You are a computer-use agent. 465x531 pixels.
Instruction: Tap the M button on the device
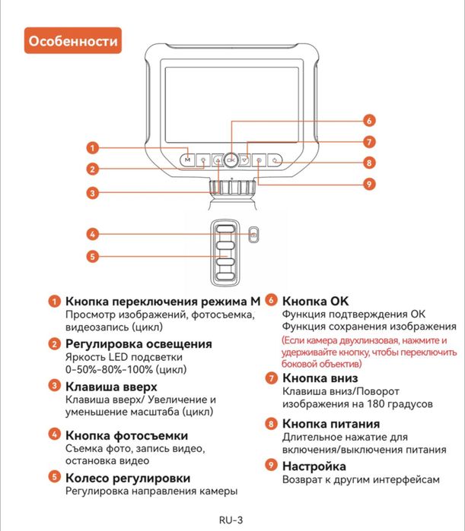tap(187, 160)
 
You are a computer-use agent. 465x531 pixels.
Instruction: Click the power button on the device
tap(275, 160)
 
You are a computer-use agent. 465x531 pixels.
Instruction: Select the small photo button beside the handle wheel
tap(253, 234)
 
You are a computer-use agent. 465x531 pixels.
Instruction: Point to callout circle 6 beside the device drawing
tap(368, 120)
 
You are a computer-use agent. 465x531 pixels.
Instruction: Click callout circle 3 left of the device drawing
tap(92, 193)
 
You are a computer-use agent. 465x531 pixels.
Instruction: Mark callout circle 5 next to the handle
tap(92, 256)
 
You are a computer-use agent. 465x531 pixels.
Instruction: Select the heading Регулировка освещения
tap(139, 343)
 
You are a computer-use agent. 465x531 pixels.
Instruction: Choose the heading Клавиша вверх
tap(112, 386)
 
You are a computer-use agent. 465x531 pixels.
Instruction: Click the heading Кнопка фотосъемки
tap(126, 435)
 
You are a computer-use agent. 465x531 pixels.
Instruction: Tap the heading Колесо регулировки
tap(128, 478)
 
